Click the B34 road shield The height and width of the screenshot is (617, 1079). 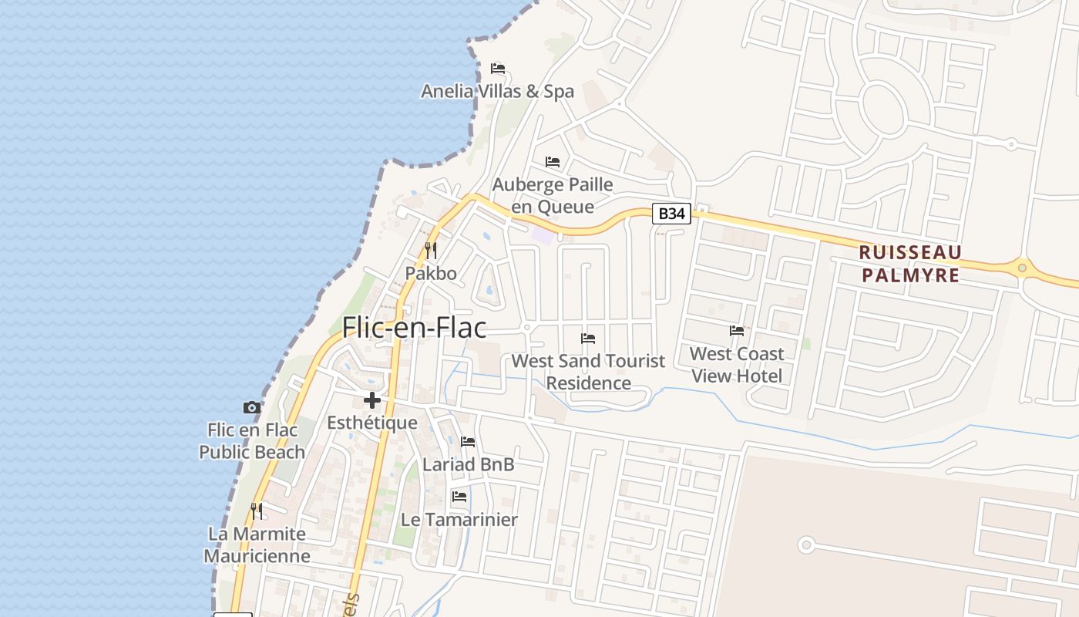coord(671,214)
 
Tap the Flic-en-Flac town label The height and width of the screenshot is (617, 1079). coord(414,328)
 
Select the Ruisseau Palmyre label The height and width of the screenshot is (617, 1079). coord(910,264)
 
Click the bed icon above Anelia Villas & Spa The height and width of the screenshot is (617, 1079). coord(498,69)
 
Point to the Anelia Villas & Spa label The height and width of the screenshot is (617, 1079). coord(497,91)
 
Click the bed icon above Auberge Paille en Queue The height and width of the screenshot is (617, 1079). coord(553,162)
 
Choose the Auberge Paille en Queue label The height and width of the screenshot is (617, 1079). coord(553,195)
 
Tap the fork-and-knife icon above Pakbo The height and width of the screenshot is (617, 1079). coord(431,251)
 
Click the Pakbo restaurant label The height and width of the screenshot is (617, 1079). coord(431,273)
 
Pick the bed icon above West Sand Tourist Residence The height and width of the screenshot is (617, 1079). coord(588,339)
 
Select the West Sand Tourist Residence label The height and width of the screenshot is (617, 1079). coord(588,372)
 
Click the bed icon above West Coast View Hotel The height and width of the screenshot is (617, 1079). coord(737,331)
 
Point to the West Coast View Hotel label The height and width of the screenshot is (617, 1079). coord(737,365)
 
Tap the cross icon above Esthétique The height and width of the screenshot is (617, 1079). coord(372,400)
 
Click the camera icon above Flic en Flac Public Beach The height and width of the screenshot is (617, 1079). coord(251,407)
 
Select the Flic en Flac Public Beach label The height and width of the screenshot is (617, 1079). coord(252,440)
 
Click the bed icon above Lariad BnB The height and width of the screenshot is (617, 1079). coord(468,442)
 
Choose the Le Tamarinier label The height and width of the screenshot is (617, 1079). coord(459,519)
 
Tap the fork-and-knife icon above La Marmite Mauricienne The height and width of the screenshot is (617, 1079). coord(257,511)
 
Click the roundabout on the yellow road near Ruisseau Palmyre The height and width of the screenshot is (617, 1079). coord(1023,268)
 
